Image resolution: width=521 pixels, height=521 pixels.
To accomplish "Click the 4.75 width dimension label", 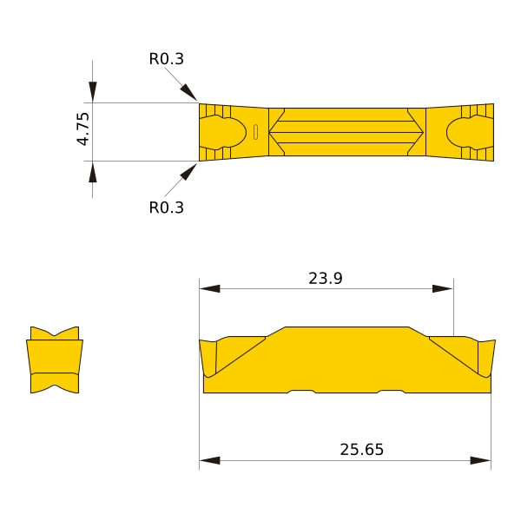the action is click(x=83, y=129).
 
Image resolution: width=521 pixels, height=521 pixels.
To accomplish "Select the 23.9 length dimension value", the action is click(x=326, y=279).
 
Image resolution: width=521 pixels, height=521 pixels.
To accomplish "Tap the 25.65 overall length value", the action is click(x=361, y=450).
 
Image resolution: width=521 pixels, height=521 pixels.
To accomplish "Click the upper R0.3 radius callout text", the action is click(x=166, y=59).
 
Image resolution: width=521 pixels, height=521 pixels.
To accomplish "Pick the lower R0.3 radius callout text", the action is click(x=166, y=208).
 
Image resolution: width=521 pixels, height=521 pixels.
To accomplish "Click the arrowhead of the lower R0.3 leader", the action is click(x=188, y=172).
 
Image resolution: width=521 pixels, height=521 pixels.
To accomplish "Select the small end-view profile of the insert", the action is click(x=55, y=359).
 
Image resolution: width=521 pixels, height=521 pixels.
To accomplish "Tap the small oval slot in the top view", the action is click(x=255, y=132).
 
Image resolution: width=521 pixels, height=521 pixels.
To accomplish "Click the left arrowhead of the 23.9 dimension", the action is click(x=209, y=288).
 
